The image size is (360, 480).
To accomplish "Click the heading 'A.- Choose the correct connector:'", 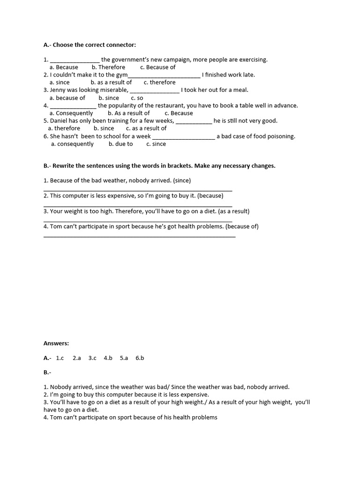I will coord(90,45).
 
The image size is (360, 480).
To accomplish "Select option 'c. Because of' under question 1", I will coord(157,67).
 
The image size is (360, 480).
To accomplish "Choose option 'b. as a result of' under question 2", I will coord(111,82).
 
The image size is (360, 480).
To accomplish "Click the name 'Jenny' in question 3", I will coord(59,90).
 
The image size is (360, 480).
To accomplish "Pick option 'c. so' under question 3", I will coord(137,98).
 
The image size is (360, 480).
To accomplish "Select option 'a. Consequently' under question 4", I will coord(71,113).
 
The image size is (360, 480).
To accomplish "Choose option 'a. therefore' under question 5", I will coord(64,128).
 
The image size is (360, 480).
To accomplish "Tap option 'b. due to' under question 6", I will coord(120,144).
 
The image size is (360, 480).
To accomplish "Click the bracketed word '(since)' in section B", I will coord(182,180).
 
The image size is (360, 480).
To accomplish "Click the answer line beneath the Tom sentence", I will coord(139,236).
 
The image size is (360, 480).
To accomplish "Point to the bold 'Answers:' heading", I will coord(56,343).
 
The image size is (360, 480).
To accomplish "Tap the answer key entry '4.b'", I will coord(108,358).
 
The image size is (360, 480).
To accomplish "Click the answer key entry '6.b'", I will coord(140,358).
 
